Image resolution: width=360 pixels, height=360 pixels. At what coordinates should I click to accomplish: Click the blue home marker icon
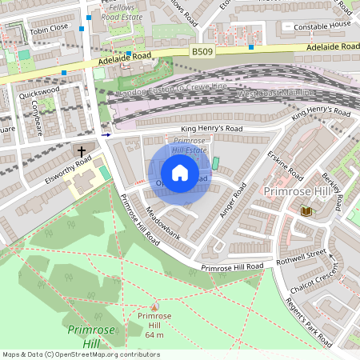click(x=180, y=172)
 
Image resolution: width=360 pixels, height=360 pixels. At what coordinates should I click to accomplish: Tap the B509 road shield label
click(x=202, y=51)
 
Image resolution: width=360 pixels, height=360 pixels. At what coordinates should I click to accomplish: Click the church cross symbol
click(x=82, y=150)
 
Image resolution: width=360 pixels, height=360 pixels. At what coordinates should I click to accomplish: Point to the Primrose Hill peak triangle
click(x=154, y=306)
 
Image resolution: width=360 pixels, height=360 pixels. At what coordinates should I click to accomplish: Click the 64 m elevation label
click(x=154, y=334)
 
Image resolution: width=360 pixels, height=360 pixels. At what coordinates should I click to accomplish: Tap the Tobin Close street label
click(x=49, y=28)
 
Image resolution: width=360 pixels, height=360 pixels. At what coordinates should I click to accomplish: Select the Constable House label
click(x=322, y=26)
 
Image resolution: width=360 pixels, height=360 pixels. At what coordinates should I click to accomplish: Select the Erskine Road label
click(x=286, y=166)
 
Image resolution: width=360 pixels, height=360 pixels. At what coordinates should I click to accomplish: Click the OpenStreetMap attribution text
click(x=81, y=354)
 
